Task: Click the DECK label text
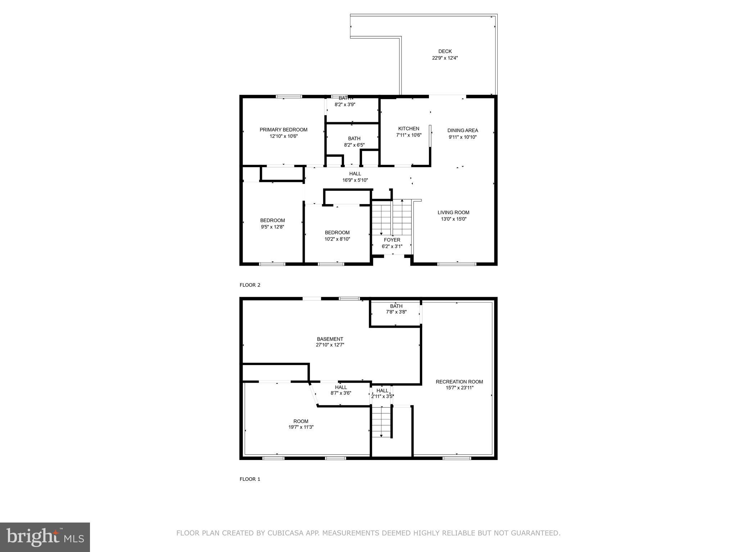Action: coord(445,51)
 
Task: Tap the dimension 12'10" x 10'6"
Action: coord(284,136)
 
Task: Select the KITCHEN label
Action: coord(408,129)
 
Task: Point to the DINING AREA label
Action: coord(462,130)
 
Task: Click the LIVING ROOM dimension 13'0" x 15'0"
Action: coord(453,219)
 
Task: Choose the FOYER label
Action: coord(392,240)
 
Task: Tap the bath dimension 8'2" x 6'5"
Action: coord(354,145)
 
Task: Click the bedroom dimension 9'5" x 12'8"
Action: coord(272,227)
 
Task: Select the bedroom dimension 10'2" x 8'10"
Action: coord(337,239)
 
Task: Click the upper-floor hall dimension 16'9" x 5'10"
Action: coord(355,180)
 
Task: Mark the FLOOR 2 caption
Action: coord(250,285)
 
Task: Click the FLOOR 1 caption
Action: coord(250,479)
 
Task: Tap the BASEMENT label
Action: coord(330,339)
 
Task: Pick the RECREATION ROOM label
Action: coord(459,382)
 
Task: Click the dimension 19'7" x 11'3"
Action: coord(300,427)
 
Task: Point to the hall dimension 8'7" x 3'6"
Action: coord(341,393)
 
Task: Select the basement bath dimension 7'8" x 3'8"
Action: coord(396,312)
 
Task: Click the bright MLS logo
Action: coord(45,537)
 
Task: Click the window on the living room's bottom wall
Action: coord(456,264)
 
